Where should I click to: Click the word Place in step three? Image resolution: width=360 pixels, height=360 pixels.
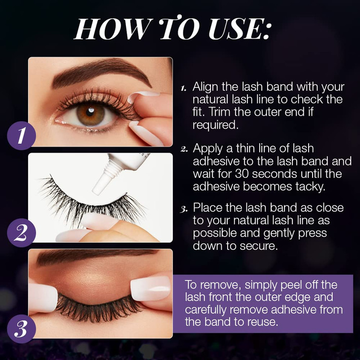(x=206, y=207)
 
